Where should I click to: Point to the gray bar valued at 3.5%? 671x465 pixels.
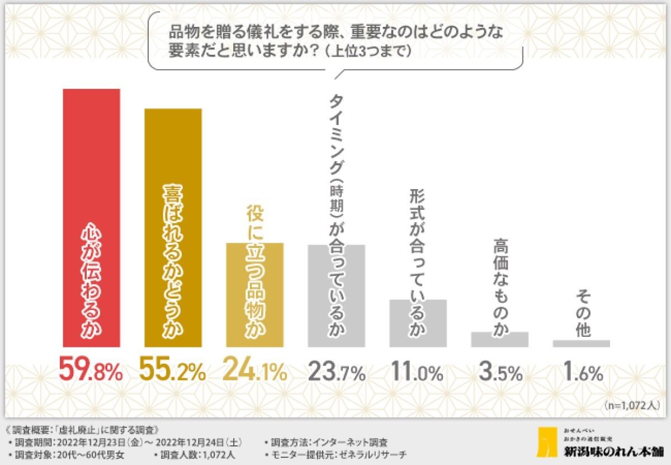(x=499, y=340)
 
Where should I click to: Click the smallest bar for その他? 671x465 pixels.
(x=581, y=344)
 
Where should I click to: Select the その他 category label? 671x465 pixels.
(x=582, y=319)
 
